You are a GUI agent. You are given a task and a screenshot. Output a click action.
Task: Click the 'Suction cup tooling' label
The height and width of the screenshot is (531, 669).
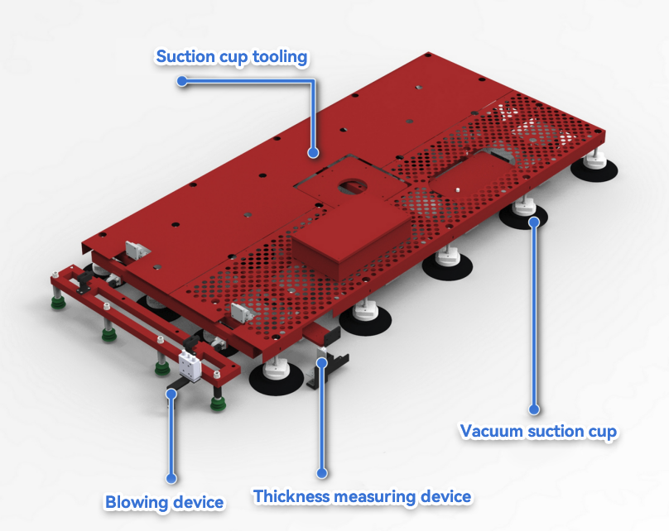(x=232, y=57)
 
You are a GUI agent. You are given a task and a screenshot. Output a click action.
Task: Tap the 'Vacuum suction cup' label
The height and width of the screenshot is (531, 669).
(x=538, y=431)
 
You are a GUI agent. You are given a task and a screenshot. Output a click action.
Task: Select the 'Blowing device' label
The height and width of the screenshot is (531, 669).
(x=164, y=502)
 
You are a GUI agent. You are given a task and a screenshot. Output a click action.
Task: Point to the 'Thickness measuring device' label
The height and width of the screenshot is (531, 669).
(x=362, y=496)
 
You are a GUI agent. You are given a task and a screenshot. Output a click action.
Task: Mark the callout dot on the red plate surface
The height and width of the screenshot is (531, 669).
(x=313, y=152)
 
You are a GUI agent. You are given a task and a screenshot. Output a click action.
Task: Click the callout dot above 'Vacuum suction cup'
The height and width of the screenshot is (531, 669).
(x=534, y=409)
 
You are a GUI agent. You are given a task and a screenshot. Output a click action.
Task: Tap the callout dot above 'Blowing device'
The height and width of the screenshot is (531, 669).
(x=171, y=478)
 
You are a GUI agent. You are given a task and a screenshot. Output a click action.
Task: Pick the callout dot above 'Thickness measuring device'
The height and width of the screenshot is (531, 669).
(x=322, y=473)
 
